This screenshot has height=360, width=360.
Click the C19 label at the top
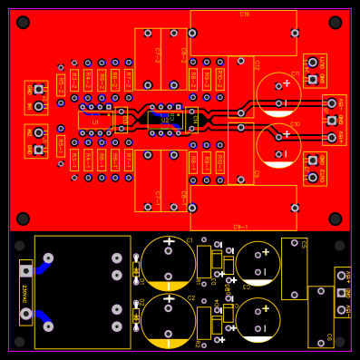245,15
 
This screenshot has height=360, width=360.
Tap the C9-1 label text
240,226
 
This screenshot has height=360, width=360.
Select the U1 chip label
95,121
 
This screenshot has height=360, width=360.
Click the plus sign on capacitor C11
287,83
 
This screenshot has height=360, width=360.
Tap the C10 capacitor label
295,122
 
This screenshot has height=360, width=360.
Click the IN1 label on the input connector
29,106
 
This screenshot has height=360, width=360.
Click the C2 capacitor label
190,297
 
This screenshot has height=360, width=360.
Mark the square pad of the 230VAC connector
24,269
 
